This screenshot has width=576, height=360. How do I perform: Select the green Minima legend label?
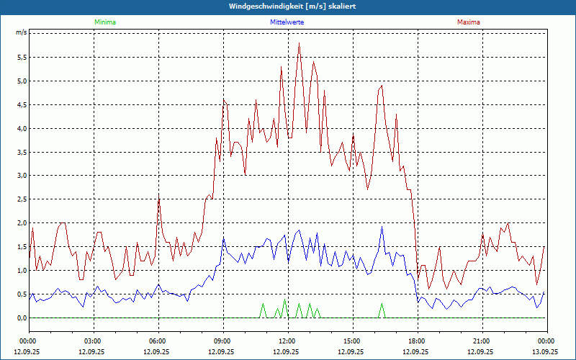pyautogui.click(x=104, y=22)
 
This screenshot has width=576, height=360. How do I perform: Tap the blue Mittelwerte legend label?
pyautogui.click(x=286, y=22)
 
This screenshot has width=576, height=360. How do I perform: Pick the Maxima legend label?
pyautogui.click(x=468, y=22)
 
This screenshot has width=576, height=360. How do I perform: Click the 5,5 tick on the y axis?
pyautogui.click(x=21, y=57)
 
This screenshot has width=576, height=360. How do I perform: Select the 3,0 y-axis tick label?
pyautogui.click(x=21, y=176)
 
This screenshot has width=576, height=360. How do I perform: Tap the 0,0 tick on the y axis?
pyautogui.click(x=21, y=318)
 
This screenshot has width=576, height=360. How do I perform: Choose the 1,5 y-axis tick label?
pyautogui.click(x=21, y=247)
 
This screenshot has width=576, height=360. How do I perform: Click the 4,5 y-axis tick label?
pyautogui.click(x=21, y=104)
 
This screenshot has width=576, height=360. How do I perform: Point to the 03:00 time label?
pyautogui.click(x=93, y=341)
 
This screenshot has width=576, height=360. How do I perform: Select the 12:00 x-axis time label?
pyautogui.click(x=287, y=341)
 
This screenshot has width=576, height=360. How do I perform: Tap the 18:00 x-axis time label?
pyautogui.click(x=417, y=341)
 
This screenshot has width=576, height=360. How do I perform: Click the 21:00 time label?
pyautogui.click(x=482, y=341)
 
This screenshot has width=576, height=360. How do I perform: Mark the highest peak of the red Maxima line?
pyautogui.click(x=299, y=43)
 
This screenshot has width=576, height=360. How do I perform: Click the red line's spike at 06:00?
pyautogui.click(x=159, y=196)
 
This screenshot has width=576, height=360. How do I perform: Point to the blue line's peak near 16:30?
pyautogui.click(x=382, y=227)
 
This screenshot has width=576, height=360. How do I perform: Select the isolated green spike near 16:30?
pyautogui.click(x=382, y=304)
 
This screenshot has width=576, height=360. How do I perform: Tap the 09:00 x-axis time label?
pyautogui.click(x=222, y=341)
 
